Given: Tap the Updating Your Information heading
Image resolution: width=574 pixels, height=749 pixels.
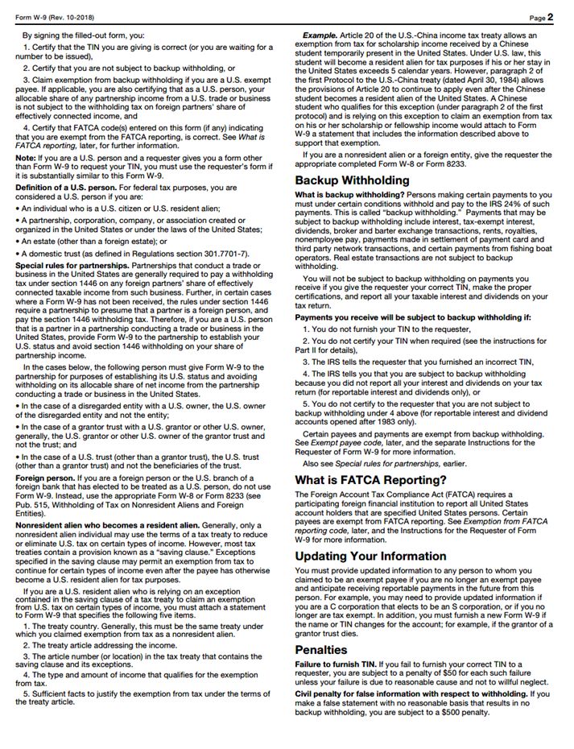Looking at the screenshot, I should click(370, 556).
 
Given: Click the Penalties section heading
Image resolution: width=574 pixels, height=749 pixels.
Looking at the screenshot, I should click(321, 648).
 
